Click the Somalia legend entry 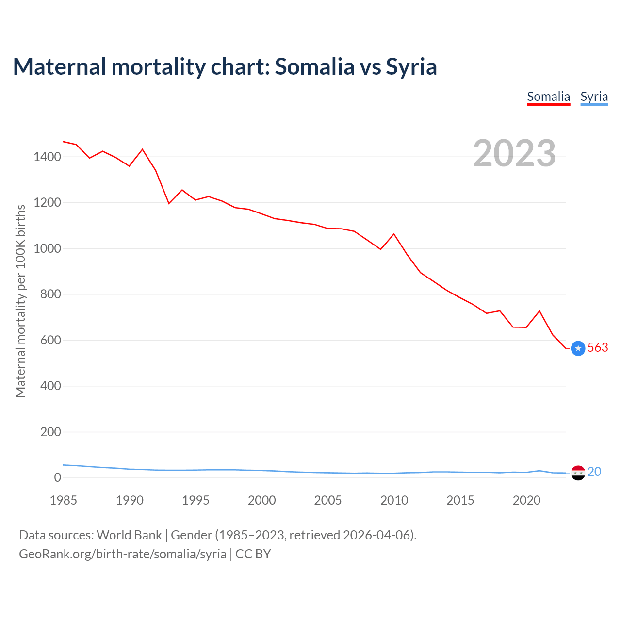click(548, 97)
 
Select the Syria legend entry click(594, 97)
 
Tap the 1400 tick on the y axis click(47, 157)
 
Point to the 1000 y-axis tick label click(47, 248)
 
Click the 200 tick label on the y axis click(50, 432)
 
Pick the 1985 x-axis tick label click(63, 500)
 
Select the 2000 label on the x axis click(261, 500)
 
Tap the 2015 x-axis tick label click(460, 500)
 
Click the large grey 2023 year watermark click(514, 153)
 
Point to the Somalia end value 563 click(598, 348)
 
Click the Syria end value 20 click(594, 472)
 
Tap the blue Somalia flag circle click(578, 348)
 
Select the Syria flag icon click(578, 473)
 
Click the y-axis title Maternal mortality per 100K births click(20, 301)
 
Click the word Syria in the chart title click(411, 66)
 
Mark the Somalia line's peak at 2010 click(394, 234)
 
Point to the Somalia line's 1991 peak click(142, 149)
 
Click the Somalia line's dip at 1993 click(169, 203)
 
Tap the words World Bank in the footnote click(129, 535)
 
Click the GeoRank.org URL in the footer click(123, 554)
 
